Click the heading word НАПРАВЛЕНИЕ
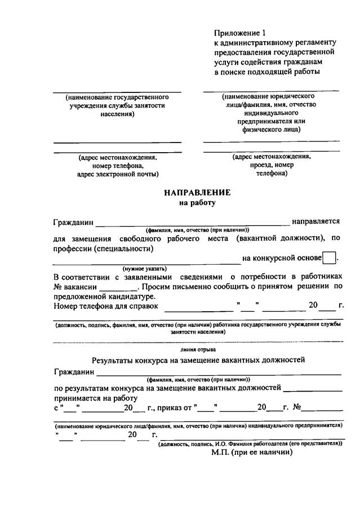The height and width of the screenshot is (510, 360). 197,193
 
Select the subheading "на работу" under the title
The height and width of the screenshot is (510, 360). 197,202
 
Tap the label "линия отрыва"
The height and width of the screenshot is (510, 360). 197,349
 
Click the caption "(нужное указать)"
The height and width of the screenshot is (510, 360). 145,268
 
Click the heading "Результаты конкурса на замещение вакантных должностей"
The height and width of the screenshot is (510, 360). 198,360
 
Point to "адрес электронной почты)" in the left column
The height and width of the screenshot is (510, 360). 117,175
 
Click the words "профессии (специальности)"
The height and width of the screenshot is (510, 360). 104,248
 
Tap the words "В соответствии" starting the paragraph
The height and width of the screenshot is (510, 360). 82,277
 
